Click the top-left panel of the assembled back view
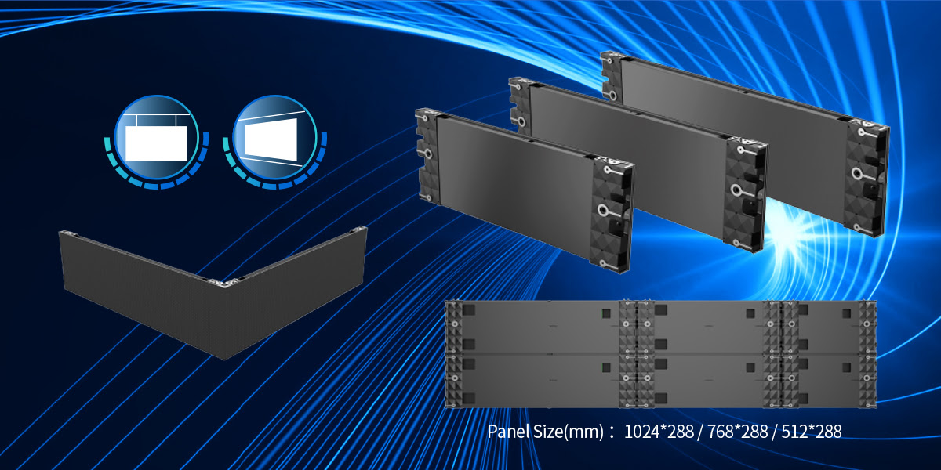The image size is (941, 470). click(x=533, y=326)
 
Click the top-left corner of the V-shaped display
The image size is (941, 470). click(x=66, y=234)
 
